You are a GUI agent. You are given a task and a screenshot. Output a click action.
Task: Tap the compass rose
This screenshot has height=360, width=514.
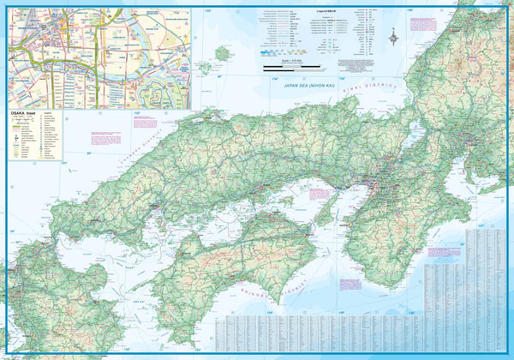(393, 36)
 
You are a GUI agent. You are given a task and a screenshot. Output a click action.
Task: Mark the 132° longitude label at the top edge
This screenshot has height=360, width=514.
(207, 10)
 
